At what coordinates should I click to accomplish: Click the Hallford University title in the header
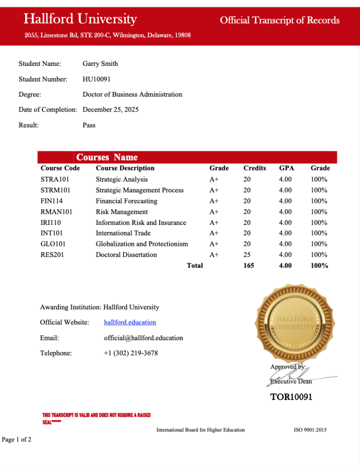[x=80, y=19]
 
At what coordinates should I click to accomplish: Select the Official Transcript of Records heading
[x=279, y=20]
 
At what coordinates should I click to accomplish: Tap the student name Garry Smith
[x=100, y=64]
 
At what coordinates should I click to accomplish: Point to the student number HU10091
[x=97, y=79]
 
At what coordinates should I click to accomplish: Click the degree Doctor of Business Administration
[x=132, y=95]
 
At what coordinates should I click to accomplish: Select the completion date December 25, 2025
[x=110, y=110]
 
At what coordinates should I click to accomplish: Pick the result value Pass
[x=89, y=125]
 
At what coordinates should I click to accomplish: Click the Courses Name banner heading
[x=107, y=157]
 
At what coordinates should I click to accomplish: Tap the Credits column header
[x=254, y=168]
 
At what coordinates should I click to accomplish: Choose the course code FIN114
[x=52, y=201]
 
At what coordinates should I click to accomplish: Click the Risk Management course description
[x=122, y=212]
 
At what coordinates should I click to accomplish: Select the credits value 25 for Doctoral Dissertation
[x=247, y=255]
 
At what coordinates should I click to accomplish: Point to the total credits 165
[x=249, y=266]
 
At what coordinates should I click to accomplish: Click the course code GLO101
[x=53, y=244]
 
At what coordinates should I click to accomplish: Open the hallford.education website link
[x=130, y=323]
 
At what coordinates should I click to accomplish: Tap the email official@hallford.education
[x=143, y=338]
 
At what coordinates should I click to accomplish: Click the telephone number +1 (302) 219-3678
[x=131, y=353]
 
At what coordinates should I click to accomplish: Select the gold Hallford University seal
[x=294, y=323]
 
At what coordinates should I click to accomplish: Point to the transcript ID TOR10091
[x=291, y=397]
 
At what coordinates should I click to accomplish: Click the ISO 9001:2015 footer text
[x=310, y=430]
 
